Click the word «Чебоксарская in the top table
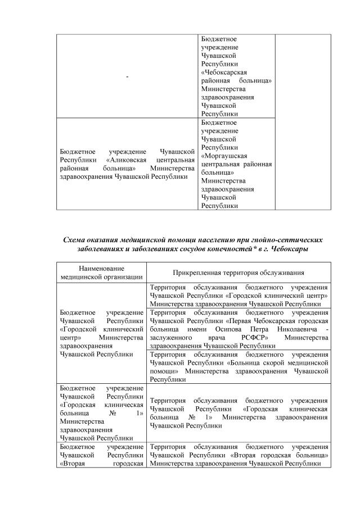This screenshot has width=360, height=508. tap(224, 72)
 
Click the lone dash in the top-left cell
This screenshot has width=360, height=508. tap(127, 76)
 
